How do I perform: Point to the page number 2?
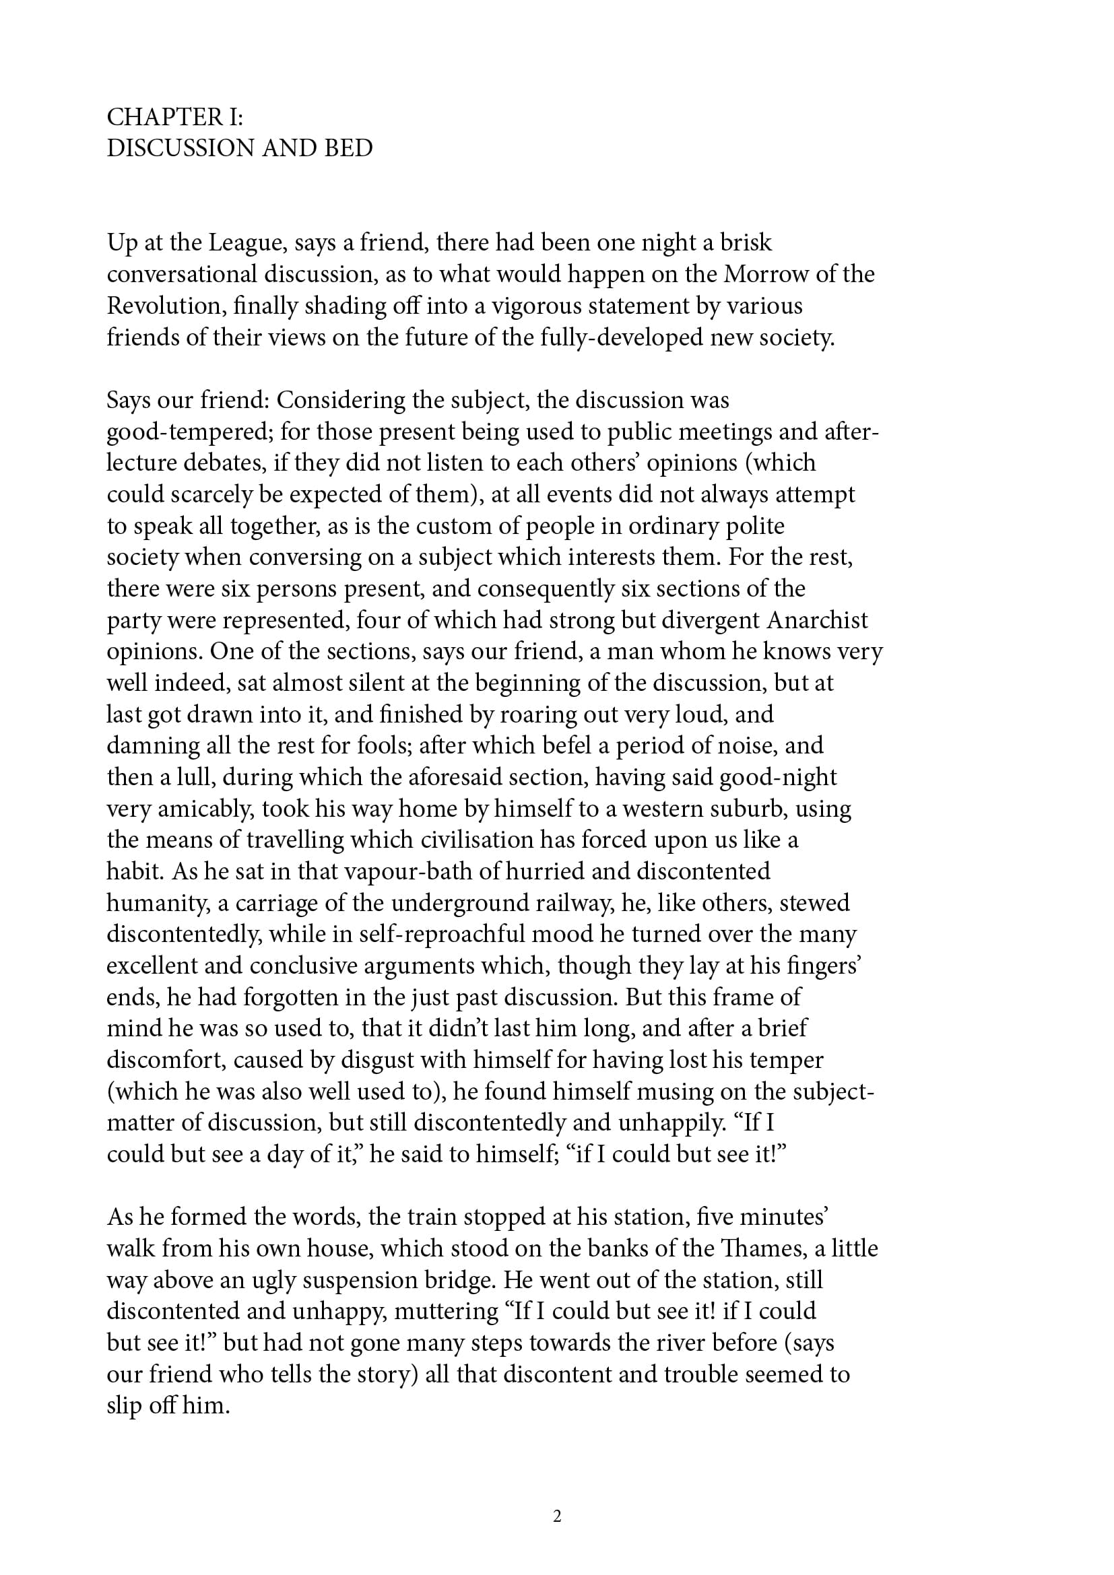[557, 1515]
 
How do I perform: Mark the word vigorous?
[543, 306]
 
